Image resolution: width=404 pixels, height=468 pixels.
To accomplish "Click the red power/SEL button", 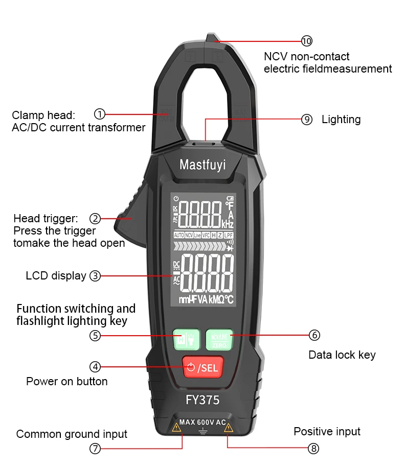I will tap(203, 367).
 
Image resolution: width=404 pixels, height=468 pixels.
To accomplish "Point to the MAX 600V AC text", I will tap(203, 423).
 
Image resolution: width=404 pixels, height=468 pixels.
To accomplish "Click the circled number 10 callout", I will tap(306, 41).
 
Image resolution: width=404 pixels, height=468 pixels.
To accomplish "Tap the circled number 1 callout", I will tap(100, 114).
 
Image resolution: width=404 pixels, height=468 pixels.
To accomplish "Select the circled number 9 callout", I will tap(306, 120).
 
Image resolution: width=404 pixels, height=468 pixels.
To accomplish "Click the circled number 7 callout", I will tap(95, 448).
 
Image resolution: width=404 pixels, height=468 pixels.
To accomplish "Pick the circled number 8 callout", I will tap(313, 448).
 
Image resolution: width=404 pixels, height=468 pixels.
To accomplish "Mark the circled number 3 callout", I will tap(95, 276).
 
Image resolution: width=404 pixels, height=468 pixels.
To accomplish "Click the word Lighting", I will tap(341, 120).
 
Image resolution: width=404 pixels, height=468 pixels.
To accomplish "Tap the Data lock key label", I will tap(342, 355).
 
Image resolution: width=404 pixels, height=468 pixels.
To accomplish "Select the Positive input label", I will tap(327, 432).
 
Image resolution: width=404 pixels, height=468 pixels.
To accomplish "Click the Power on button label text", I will tap(67, 381).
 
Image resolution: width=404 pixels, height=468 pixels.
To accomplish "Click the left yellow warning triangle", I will tap(176, 428).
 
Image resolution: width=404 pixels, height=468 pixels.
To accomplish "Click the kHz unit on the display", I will tap(228, 224).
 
